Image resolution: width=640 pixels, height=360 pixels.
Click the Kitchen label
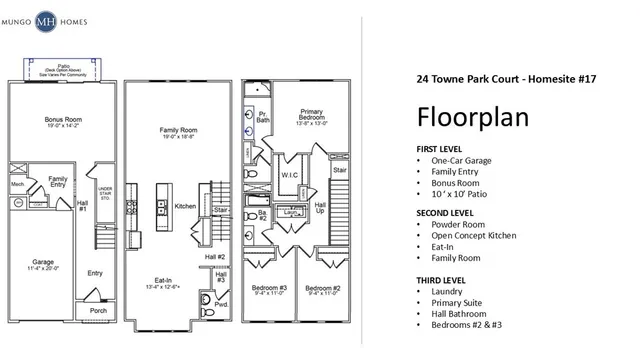coord(186,206)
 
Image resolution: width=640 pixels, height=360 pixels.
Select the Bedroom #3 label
coord(270,288)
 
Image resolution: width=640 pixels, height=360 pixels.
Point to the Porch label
coord(98,309)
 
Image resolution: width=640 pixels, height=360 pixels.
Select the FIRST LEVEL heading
coord(440,149)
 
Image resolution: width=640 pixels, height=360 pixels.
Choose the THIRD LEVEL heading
coord(441,278)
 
